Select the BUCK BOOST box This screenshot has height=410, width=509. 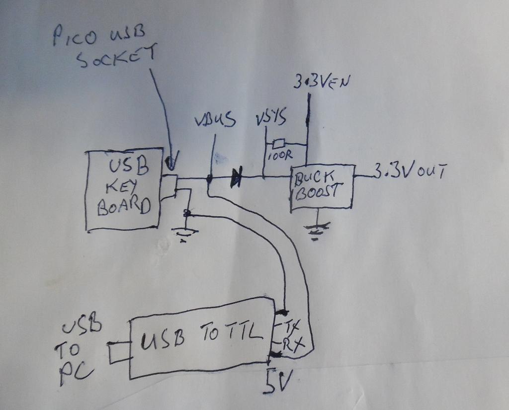(321, 186)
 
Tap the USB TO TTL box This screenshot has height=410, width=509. (201, 338)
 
